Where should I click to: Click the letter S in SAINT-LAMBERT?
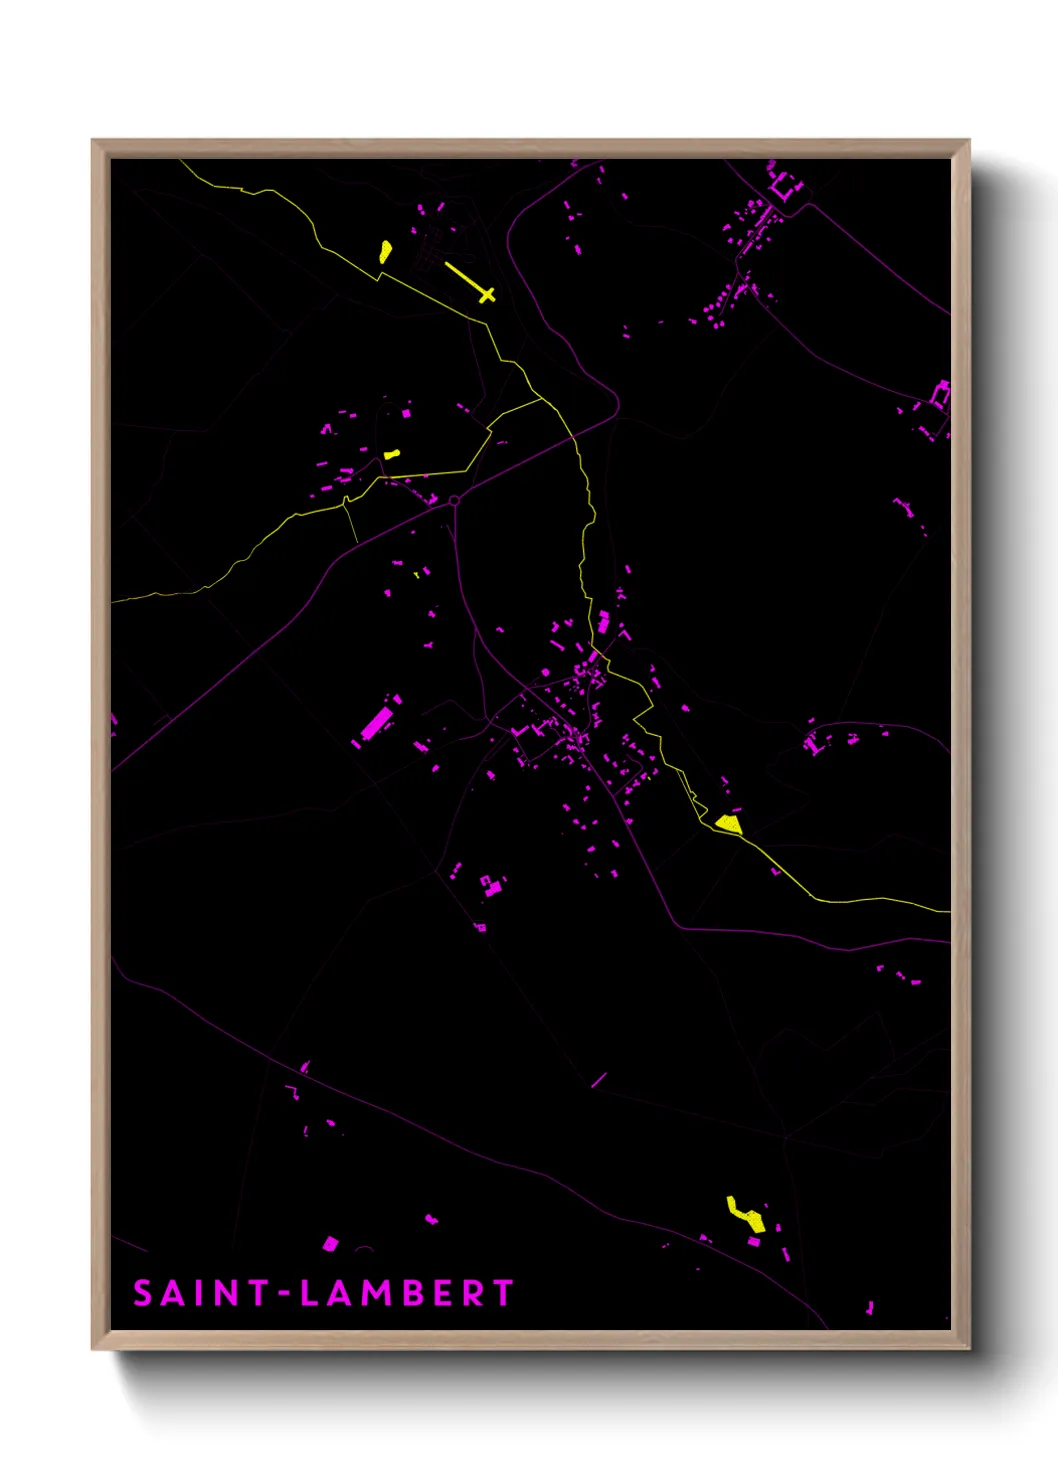[x=143, y=1293]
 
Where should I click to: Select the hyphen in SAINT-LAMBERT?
[x=284, y=1294]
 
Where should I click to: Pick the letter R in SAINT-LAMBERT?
[x=475, y=1293]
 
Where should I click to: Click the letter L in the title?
[x=309, y=1293]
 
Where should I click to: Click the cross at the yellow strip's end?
[x=487, y=294]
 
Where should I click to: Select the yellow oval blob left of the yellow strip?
[x=385, y=251]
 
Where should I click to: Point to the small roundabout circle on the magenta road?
[x=454, y=500]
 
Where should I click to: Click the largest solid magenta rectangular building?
[x=376, y=723]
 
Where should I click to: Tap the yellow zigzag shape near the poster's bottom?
[x=746, y=1215]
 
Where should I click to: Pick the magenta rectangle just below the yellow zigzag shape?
[x=754, y=1242]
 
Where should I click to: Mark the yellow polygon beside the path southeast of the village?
[x=729, y=824]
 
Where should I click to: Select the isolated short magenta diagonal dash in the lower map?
[x=599, y=1080]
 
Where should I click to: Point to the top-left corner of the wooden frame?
[x=93, y=141]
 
